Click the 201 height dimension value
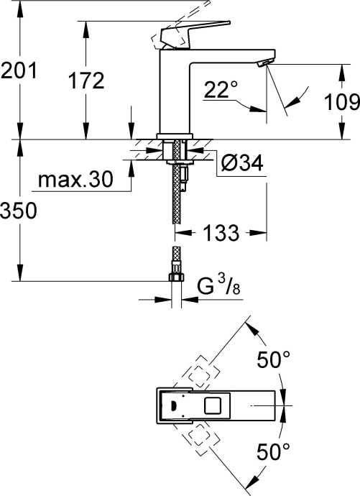click(18, 71)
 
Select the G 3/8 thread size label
click(215, 288)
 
